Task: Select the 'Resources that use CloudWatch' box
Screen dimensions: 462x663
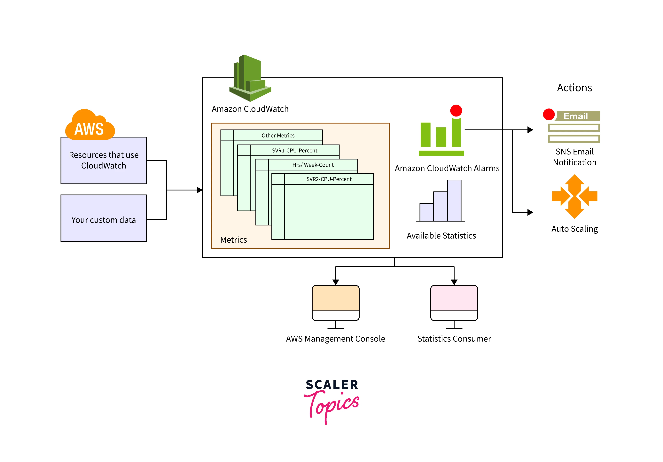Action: tap(104, 161)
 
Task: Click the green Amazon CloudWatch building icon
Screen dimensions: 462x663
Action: tap(250, 78)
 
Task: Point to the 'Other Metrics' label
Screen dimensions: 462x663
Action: tap(278, 135)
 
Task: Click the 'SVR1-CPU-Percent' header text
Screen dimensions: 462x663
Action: tap(294, 150)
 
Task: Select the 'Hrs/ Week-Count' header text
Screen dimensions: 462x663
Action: tap(313, 165)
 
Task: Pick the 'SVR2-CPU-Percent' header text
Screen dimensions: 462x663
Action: tap(329, 179)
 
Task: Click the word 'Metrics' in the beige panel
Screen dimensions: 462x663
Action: tap(233, 240)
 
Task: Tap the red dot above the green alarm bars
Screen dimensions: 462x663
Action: tap(456, 111)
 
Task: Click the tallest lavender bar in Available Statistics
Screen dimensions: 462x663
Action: tap(454, 200)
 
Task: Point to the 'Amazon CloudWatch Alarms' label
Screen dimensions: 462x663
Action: tap(447, 168)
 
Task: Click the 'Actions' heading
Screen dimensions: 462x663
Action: tap(574, 88)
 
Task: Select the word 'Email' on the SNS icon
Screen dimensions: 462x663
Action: tap(575, 116)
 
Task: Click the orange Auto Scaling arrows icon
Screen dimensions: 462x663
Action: tap(574, 196)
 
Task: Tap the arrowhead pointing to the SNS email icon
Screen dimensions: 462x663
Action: tap(530, 130)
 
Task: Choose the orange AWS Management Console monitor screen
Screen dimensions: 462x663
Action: tap(336, 298)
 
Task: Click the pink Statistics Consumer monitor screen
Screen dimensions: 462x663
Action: tap(454, 298)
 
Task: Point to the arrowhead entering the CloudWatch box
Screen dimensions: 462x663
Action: tap(199, 190)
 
